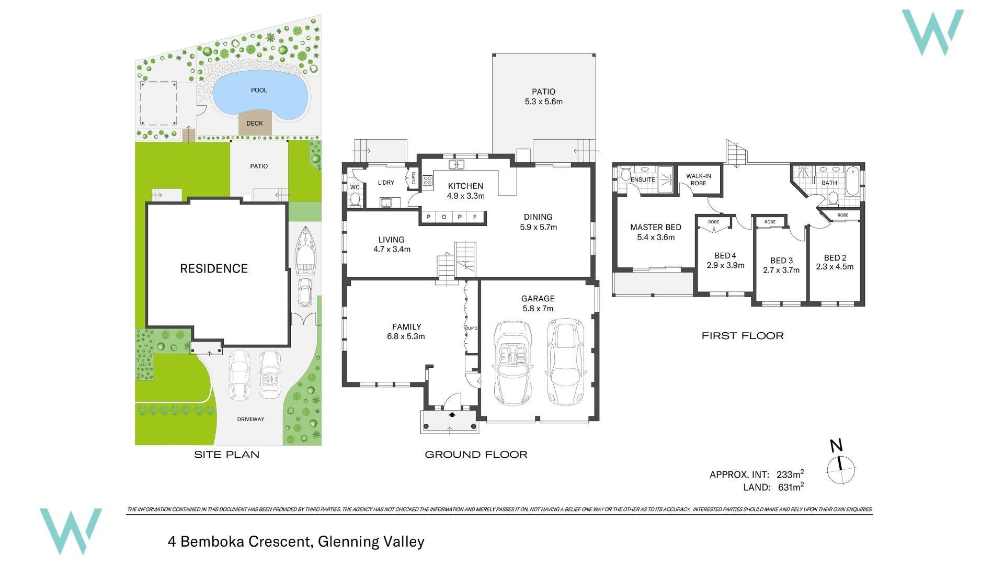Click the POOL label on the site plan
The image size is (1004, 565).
pos(259,90)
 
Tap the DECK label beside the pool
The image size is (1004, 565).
pos(255,123)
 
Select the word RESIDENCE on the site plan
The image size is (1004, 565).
pos(214,268)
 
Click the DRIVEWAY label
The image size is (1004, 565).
pos(250,419)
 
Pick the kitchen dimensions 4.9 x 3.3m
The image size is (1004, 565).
pos(465,196)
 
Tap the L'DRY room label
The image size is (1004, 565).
pos(386,183)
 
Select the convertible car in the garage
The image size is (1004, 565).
pos(513,363)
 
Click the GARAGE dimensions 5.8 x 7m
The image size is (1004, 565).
pos(538,309)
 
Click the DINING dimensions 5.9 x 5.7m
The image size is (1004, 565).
pos(538,227)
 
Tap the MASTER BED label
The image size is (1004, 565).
pos(656,227)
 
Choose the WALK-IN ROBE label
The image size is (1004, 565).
pos(698,179)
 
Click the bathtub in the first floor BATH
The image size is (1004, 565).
pos(852,181)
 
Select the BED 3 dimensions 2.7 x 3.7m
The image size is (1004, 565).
pos(781,270)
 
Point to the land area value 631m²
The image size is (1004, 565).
pos(791,487)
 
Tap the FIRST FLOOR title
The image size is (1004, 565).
pos(743,336)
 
